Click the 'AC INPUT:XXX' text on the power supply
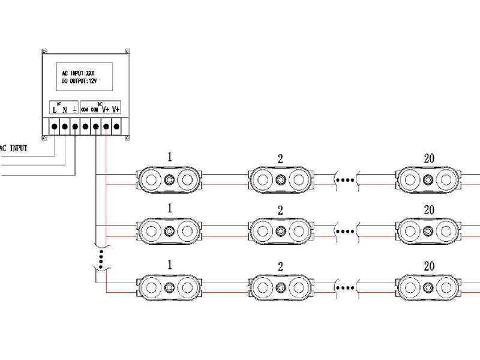78,72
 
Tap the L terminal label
54,110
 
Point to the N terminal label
64,110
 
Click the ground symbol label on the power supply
74,110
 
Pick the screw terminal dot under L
54,127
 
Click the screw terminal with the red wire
106,127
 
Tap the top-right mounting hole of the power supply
127,52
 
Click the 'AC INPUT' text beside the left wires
13,148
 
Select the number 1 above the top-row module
170,157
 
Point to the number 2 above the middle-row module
280,211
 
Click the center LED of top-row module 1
170,179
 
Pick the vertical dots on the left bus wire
101,259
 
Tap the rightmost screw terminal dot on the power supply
116,127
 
